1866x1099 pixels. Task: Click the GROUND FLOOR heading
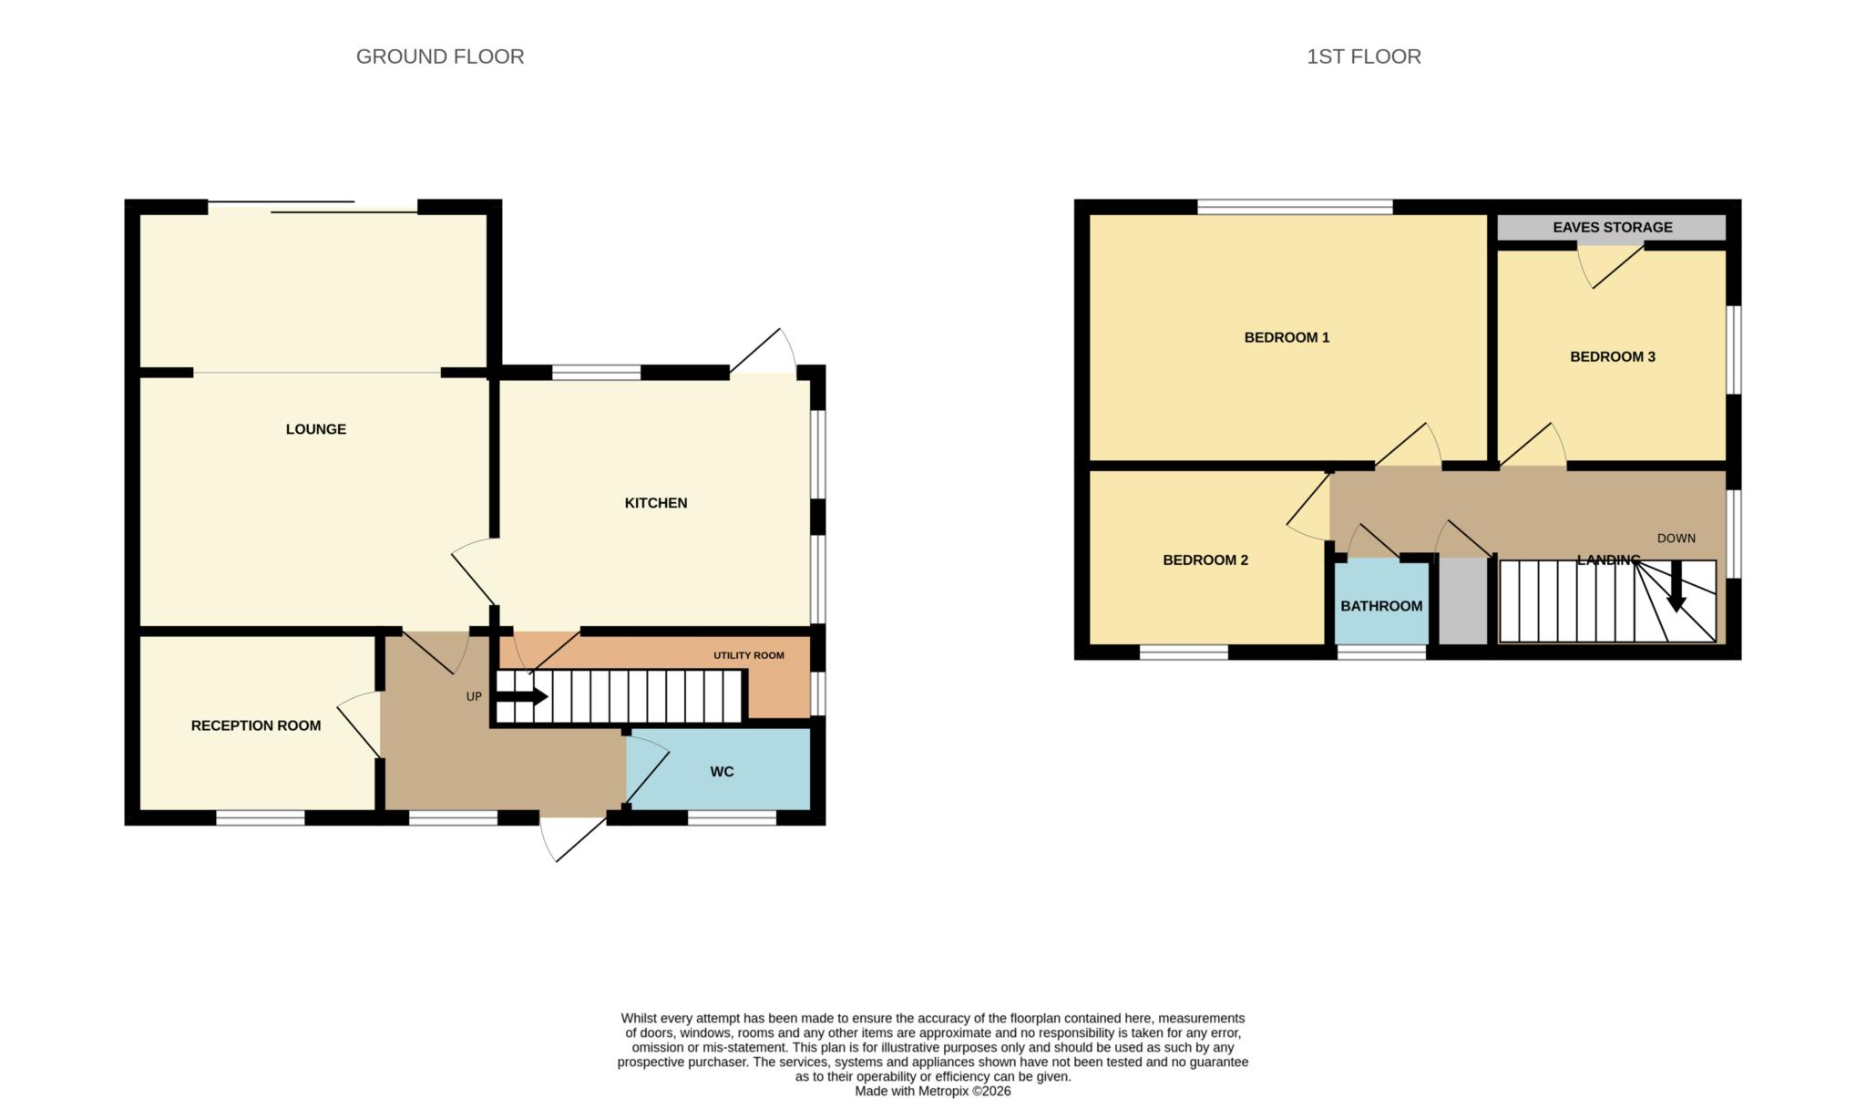pos(439,56)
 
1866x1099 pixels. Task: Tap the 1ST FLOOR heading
pos(1363,56)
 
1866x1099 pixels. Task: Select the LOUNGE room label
pos(315,429)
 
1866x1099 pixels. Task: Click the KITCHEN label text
pos(655,503)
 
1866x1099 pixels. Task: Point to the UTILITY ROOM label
pos(748,655)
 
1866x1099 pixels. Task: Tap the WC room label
pos(722,772)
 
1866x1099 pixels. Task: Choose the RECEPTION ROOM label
pos(255,726)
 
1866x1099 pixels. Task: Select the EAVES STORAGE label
pos(1612,227)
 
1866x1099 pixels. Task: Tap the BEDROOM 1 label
pos(1287,338)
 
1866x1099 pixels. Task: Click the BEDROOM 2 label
pos(1205,560)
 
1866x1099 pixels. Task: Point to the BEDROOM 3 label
pos(1612,357)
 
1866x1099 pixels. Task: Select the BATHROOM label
pos(1380,607)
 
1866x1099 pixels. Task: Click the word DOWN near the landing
pos(1676,539)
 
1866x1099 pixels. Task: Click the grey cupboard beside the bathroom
pos(1462,601)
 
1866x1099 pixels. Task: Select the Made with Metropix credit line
pos(932,1091)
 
